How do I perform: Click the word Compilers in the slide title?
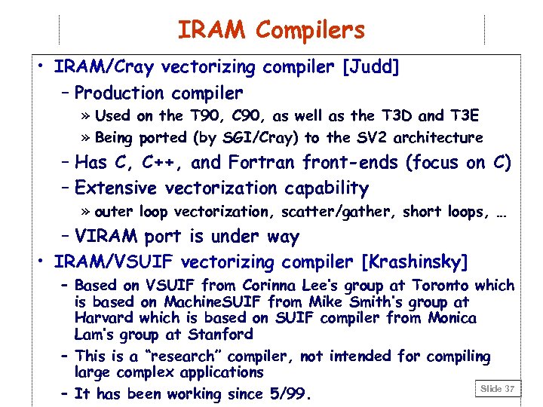tap(310, 30)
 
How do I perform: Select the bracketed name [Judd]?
tap(371, 67)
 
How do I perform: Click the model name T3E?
tap(464, 116)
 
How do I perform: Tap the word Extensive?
tap(118, 188)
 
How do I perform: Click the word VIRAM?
tap(107, 237)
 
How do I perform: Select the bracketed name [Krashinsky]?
tap(416, 262)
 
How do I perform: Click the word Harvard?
tap(104, 318)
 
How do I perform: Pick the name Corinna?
tap(270, 286)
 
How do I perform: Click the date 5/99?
tap(287, 394)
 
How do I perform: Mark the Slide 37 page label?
tap(497, 388)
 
